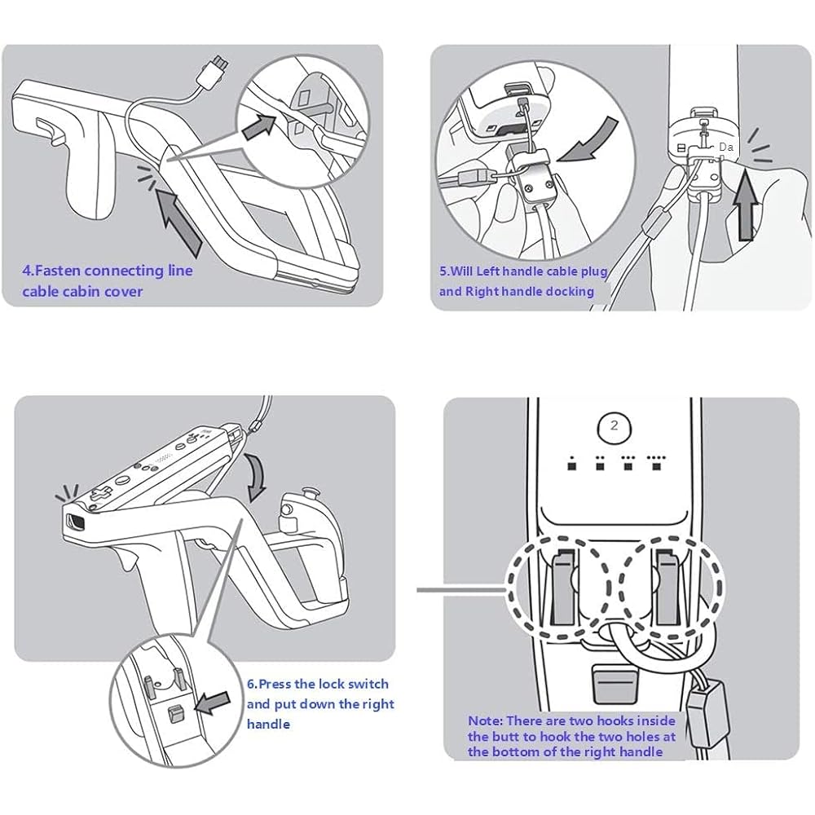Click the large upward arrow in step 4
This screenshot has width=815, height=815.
(180, 217)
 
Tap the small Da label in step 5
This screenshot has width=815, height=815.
(725, 146)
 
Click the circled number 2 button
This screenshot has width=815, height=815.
(615, 425)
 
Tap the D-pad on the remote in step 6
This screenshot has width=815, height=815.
(99, 495)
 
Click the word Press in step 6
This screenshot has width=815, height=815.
(274, 685)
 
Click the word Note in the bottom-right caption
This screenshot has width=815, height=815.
(485, 720)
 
